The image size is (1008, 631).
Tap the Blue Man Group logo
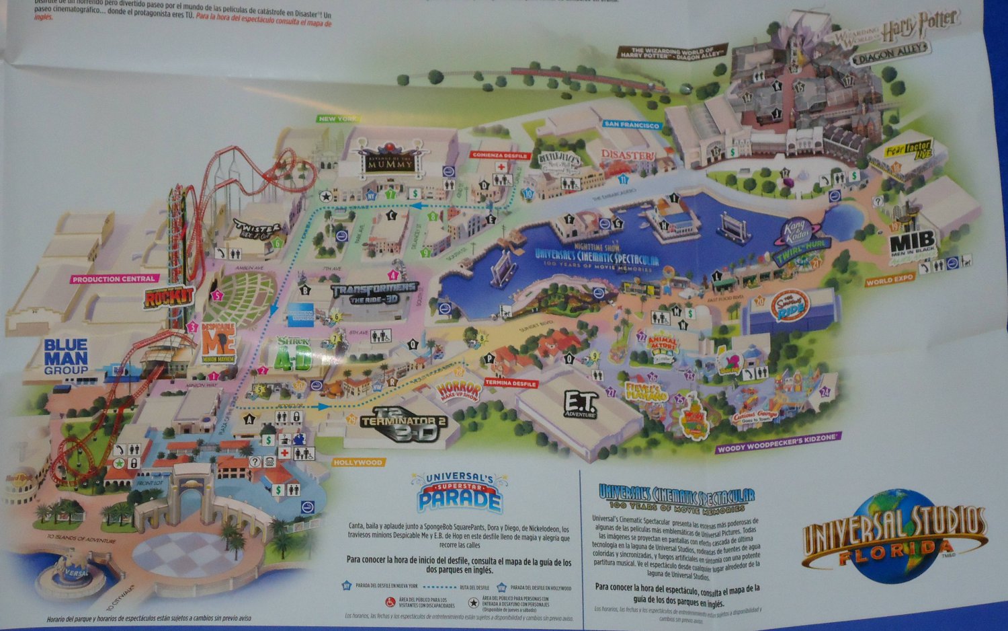66,356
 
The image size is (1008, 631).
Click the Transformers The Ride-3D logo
374,293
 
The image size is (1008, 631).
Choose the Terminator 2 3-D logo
402,424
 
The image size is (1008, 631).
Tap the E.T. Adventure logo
579,404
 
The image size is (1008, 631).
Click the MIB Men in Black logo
912,244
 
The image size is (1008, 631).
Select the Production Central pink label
114,279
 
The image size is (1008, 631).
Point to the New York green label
338,119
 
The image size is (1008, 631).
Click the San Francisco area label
631,124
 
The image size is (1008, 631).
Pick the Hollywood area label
358,462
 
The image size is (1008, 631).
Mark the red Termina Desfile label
511,383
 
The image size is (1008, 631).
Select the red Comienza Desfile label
500,155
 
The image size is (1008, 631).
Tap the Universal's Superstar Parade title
460,492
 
